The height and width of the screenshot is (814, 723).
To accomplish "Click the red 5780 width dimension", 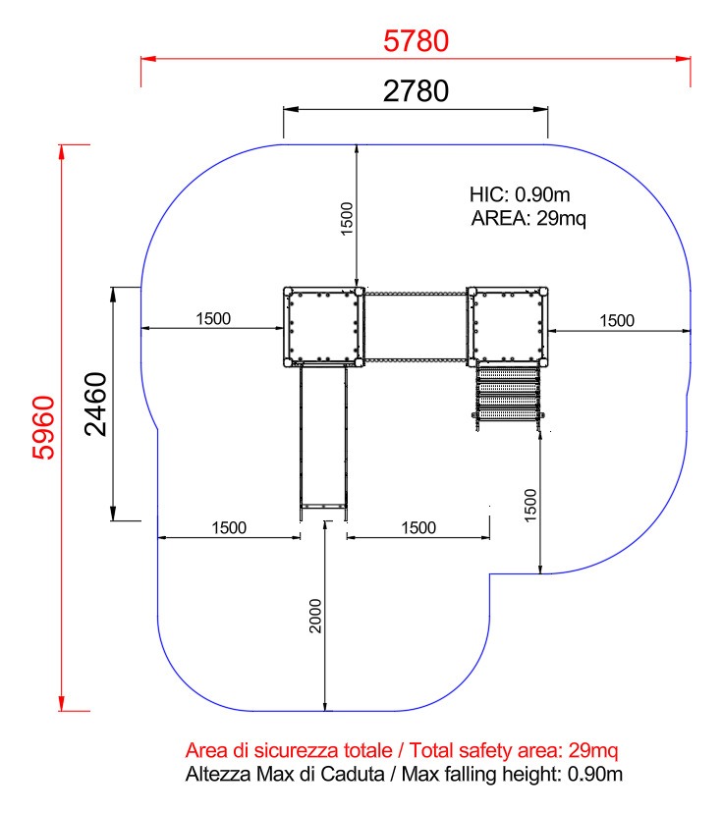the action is [x=417, y=41].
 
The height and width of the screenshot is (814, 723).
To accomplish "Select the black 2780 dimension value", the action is [x=417, y=91].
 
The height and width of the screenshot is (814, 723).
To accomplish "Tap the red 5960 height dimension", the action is [x=43, y=428].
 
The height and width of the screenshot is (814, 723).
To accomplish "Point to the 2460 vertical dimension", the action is [x=95, y=404].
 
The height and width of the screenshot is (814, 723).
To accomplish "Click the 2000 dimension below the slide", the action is [x=315, y=616].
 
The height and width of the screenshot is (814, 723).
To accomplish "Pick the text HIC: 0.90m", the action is [x=520, y=194].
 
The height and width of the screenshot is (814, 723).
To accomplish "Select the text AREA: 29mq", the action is [x=528, y=218].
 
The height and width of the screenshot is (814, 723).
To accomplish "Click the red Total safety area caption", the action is [x=402, y=750].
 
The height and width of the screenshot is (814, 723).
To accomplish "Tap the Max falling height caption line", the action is [x=404, y=774].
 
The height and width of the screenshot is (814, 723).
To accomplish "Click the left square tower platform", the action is [x=323, y=327].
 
